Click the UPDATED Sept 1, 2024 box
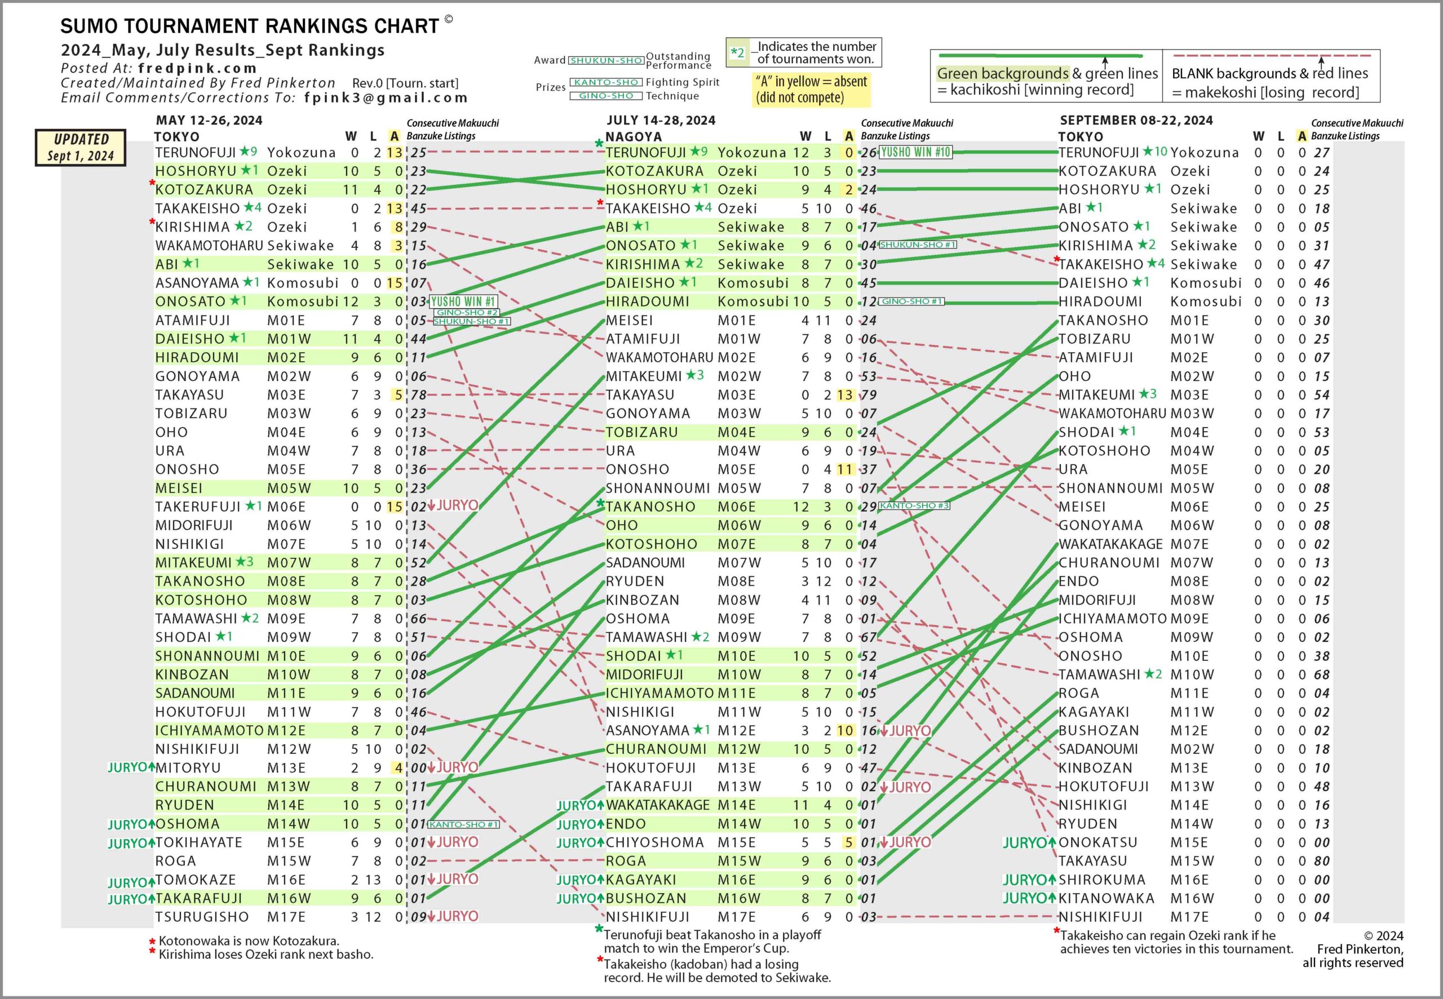pos(81,148)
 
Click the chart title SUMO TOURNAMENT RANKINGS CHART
pos(249,26)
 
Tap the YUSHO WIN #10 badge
pos(916,152)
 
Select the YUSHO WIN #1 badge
pos(463,301)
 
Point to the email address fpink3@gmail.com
pos(386,97)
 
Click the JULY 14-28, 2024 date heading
pos(661,120)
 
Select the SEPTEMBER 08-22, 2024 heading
pos(1136,120)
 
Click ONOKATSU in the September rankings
pos(1097,842)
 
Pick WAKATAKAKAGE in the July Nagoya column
pos(657,805)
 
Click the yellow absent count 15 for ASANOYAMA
pos(395,283)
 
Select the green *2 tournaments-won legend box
pos(737,52)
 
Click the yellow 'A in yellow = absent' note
pos(811,90)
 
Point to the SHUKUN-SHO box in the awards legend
pos(606,61)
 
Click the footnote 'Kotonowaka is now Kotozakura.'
pos(249,941)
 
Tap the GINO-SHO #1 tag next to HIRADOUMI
pos(911,301)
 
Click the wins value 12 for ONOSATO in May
pos(351,301)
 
